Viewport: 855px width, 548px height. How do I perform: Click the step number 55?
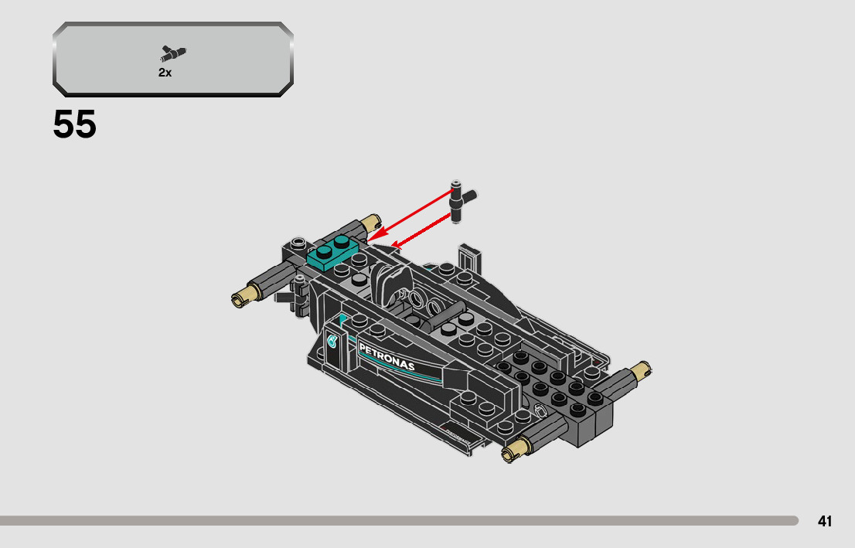(75, 125)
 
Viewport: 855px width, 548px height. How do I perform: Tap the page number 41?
(825, 521)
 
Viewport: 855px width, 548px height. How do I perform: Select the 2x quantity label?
(165, 72)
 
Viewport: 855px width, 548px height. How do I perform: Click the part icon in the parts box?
(173, 54)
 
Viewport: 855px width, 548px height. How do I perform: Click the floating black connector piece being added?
(460, 200)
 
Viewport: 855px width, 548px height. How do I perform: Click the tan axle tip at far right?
(642, 372)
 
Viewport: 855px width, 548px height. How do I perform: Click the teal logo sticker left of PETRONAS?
(333, 340)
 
